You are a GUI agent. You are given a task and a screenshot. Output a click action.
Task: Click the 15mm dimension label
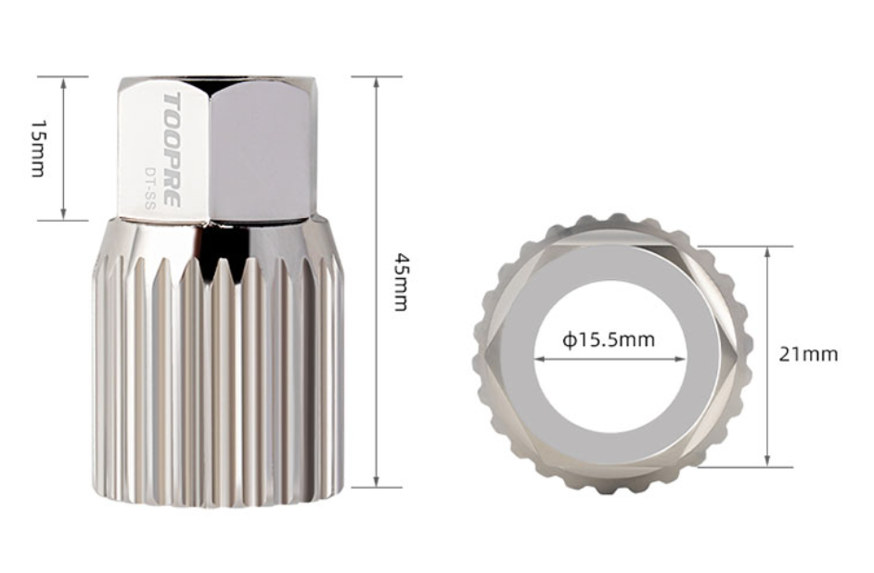(x=37, y=148)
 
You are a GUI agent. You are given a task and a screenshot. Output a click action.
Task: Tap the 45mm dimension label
(x=401, y=282)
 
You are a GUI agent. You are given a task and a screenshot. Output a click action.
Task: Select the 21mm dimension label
(x=808, y=354)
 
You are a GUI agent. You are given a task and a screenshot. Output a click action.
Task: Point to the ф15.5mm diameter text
(x=609, y=339)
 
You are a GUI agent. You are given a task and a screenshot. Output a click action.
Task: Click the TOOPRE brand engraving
(x=172, y=149)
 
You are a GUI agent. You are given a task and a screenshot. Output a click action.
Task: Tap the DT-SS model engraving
(x=149, y=188)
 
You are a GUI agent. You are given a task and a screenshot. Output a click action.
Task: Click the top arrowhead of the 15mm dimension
(x=63, y=82)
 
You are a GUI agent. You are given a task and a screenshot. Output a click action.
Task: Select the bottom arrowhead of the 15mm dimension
(x=63, y=214)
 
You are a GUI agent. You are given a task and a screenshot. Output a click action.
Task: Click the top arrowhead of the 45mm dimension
(x=377, y=83)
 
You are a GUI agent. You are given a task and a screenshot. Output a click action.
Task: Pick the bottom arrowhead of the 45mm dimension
(x=377, y=481)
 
